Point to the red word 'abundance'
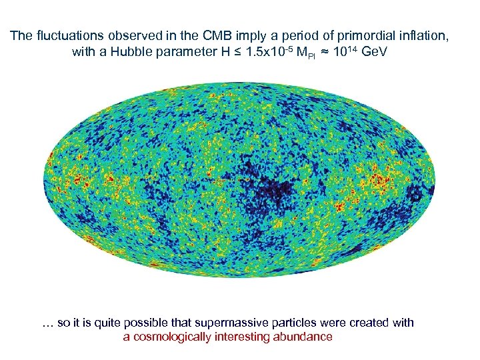click(303, 337)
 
